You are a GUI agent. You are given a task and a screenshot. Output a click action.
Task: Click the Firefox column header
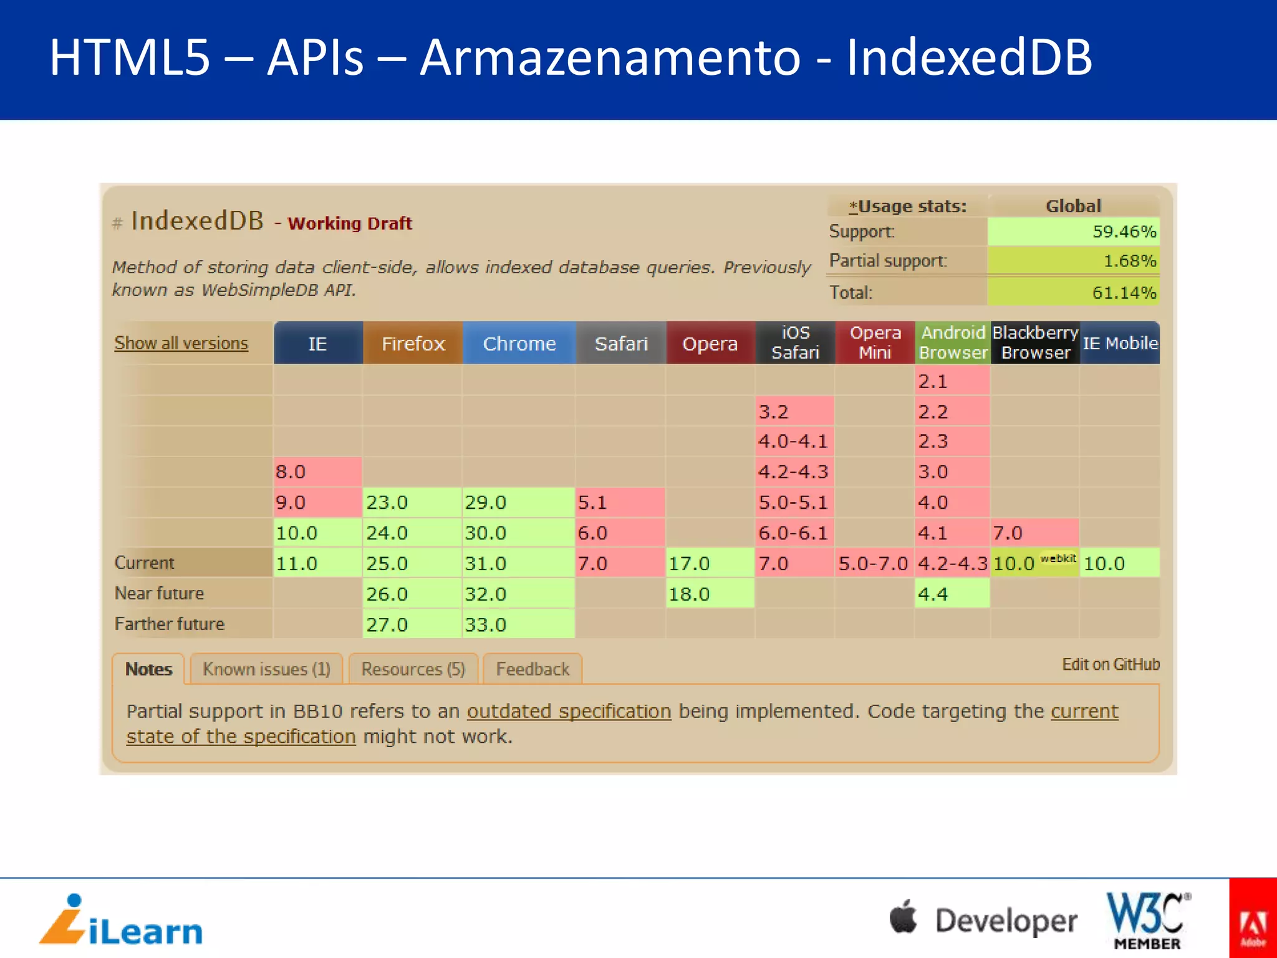(x=413, y=343)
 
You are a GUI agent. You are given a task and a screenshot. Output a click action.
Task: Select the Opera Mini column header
(x=875, y=342)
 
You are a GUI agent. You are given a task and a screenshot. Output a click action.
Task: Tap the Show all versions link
(x=181, y=343)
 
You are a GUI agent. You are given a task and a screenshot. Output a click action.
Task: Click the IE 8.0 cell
(x=317, y=472)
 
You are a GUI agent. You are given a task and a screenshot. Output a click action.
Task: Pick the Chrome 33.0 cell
(x=518, y=624)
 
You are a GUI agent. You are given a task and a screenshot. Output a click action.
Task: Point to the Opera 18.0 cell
(x=710, y=594)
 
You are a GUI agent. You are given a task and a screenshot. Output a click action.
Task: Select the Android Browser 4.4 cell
(x=952, y=594)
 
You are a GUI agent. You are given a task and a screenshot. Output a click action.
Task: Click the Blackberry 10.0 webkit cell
(x=1034, y=563)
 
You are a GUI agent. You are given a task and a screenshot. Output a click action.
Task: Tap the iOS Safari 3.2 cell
(x=794, y=412)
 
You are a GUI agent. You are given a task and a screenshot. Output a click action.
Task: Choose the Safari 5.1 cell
(x=620, y=502)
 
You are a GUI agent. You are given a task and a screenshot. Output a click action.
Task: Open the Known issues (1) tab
(x=266, y=669)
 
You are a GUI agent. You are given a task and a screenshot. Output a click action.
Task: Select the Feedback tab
(x=532, y=669)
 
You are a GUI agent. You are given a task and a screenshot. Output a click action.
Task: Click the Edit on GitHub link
(x=1111, y=664)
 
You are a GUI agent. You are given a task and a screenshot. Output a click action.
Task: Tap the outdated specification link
(x=569, y=712)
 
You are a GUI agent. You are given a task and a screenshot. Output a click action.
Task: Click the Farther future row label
(x=169, y=624)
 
